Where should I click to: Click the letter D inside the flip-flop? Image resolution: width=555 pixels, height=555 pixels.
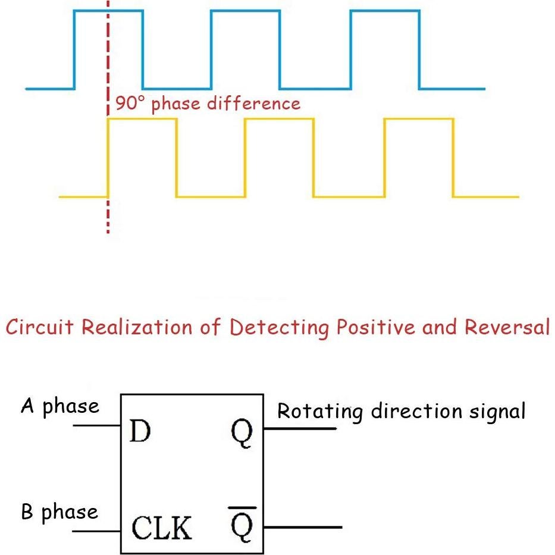(140, 431)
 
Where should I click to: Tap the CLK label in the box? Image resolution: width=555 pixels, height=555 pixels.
(162, 528)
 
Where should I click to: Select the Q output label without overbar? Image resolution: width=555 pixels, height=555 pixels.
(242, 433)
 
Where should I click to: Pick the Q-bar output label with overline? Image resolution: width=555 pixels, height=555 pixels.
(242, 524)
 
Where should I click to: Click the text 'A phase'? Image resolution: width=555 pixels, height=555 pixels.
(60, 407)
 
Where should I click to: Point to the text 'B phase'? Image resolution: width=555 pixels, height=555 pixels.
(59, 512)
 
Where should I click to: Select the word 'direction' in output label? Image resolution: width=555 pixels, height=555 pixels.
(416, 411)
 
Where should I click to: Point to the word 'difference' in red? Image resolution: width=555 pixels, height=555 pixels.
(254, 104)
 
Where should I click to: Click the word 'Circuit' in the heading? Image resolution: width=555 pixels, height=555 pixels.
(39, 327)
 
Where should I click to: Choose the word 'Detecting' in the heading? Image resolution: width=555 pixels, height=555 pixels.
(279, 328)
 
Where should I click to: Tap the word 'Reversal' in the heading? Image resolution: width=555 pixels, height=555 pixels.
(507, 327)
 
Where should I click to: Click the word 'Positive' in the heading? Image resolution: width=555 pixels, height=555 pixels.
(375, 327)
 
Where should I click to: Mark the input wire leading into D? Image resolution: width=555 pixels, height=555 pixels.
(96, 425)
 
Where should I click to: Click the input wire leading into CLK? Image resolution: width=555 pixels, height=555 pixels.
(96, 531)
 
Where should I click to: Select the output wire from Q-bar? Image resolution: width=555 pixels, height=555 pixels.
(303, 527)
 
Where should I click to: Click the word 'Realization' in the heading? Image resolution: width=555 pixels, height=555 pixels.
(137, 327)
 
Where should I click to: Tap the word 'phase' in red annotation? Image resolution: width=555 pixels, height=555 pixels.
(176, 105)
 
